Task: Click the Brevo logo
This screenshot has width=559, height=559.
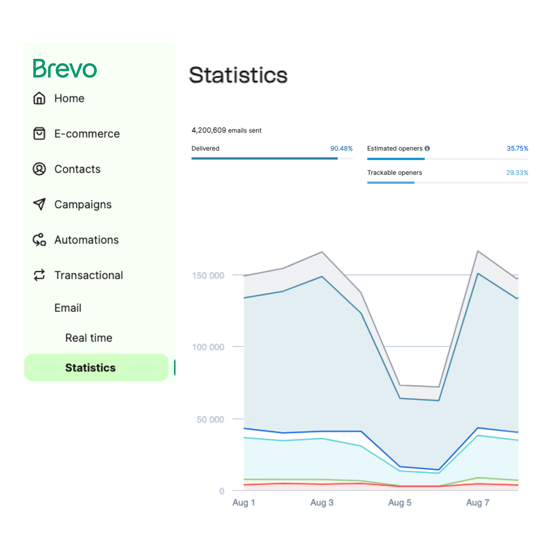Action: (x=65, y=69)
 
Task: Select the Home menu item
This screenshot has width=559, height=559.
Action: (x=69, y=98)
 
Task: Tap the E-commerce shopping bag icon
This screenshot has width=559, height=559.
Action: (x=39, y=134)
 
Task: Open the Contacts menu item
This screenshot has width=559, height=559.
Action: (x=77, y=169)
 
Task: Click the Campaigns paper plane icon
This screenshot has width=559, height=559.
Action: (x=39, y=204)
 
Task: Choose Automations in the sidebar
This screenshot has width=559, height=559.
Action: (x=86, y=240)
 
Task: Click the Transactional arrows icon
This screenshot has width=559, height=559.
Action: (x=39, y=275)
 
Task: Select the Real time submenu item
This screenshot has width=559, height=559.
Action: (x=88, y=338)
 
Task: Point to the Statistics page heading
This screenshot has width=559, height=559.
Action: (x=238, y=75)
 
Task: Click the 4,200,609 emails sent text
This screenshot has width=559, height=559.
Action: (x=226, y=131)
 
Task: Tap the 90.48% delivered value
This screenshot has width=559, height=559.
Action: (x=341, y=148)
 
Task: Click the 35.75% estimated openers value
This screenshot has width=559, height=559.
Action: (x=517, y=148)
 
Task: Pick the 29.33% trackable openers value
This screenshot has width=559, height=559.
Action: (x=517, y=173)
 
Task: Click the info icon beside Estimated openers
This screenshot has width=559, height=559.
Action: (x=427, y=148)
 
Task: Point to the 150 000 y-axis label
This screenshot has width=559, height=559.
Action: (x=208, y=275)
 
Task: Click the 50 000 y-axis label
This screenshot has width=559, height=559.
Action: (x=210, y=420)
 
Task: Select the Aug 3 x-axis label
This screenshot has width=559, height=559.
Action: (x=322, y=503)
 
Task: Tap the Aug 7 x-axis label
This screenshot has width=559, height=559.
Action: (x=477, y=503)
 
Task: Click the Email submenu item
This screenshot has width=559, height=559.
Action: (x=68, y=308)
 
